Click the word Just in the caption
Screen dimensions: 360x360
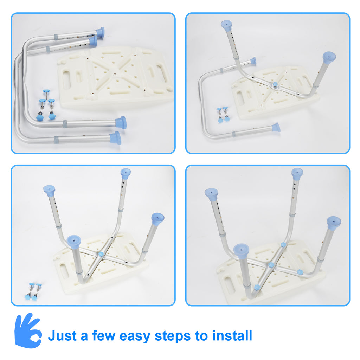(x=62, y=336)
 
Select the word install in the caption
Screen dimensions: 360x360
(x=232, y=335)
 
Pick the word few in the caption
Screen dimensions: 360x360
(x=104, y=335)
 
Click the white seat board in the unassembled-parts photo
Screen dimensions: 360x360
(x=115, y=77)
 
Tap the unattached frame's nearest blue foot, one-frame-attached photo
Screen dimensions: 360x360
(x=276, y=127)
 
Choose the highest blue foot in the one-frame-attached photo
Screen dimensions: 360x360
(x=226, y=24)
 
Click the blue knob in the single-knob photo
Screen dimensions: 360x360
(x=101, y=254)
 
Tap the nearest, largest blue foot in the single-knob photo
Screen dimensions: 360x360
(x=74, y=241)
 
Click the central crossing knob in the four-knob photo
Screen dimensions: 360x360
(x=271, y=265)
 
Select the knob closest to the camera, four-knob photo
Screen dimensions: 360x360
(x=257, y=287)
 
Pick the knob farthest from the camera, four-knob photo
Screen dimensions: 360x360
(x=283, y=245)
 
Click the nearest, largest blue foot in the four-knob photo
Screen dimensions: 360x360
(x=241, y=251)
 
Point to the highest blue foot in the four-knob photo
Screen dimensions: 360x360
(x=297, y=172)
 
